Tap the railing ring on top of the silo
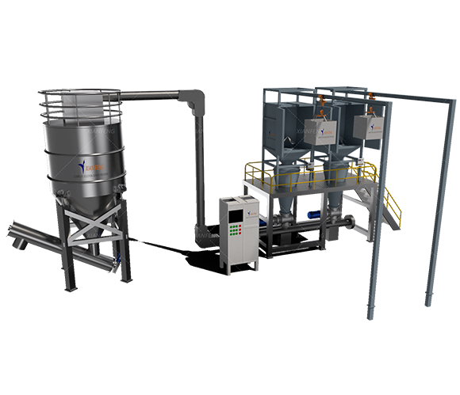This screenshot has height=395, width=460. click(82, 101)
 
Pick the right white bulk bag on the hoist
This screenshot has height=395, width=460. click(366, 129)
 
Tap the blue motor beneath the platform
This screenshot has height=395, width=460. click(311, 211)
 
